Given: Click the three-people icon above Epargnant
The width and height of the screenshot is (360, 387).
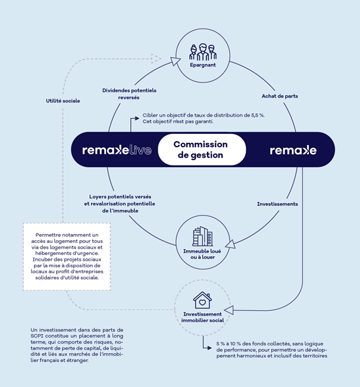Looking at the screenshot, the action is point(203,52).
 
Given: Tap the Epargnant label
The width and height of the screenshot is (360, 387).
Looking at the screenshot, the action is point(203,65).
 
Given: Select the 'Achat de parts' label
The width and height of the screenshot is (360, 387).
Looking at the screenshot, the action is point(280,96).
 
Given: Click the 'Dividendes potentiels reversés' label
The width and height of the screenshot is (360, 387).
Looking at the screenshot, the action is point(129,94).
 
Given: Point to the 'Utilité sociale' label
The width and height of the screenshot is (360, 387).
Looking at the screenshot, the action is point(63,101).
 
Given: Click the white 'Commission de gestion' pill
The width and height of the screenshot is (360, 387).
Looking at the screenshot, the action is point(202,149).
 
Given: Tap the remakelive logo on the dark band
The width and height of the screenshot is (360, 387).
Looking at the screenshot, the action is point(117,150).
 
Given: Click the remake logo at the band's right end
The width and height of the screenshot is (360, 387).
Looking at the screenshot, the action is point(293,150).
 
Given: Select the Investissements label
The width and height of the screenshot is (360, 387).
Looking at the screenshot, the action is point(277,204).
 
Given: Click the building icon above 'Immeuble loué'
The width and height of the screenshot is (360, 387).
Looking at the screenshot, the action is point(202,236).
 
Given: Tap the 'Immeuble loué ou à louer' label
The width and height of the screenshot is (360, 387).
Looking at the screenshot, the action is point(202,254).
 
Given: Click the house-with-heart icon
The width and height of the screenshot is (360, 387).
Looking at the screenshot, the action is point(202,300).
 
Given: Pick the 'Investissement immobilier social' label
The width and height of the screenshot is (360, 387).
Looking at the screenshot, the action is point(202,317).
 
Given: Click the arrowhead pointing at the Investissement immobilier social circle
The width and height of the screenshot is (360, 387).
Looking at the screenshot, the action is point(229,310).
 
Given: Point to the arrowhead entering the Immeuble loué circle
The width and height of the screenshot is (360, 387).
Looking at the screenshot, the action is point(230,244).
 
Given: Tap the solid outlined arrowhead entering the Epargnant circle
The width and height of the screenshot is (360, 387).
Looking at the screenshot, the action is point(176,61).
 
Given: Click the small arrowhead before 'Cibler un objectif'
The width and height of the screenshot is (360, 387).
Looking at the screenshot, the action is point(137,118).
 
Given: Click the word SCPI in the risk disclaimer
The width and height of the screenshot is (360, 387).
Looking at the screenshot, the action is point(37,336).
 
